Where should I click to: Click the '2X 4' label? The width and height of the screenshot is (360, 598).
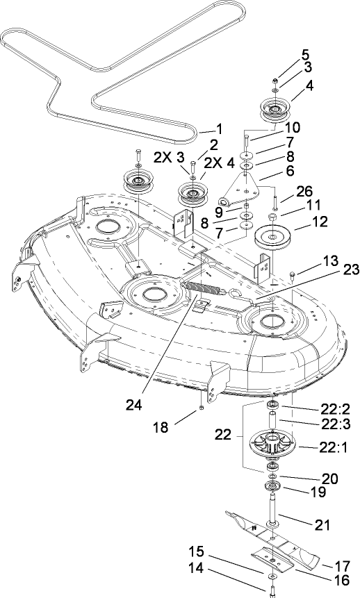click(214, 161)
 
